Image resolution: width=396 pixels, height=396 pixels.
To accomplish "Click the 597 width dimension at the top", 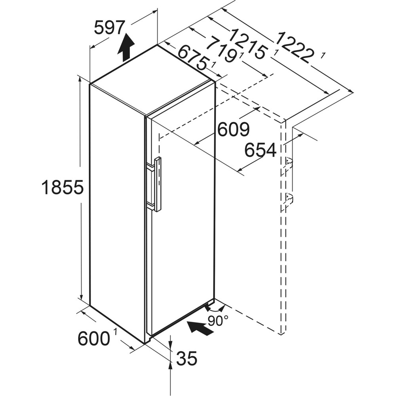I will (x=110, y=28).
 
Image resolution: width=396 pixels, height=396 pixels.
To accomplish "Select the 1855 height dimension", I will (x=63, y=187).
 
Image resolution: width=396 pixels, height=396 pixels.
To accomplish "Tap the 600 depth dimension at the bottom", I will (x=93, y=339).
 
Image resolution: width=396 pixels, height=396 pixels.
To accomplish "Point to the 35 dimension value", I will (x=187, y=359).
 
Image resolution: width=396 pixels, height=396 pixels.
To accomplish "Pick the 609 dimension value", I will (x=234, y=129).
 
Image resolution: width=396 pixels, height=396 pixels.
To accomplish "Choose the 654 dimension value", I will (x=260, y=150).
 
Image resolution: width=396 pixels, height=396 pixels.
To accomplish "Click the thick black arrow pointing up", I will (x=126, y=47).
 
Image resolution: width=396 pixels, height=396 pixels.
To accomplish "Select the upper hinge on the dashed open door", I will (x=288, y=162).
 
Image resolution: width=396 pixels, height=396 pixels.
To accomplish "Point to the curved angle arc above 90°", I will (x=215, y=308).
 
